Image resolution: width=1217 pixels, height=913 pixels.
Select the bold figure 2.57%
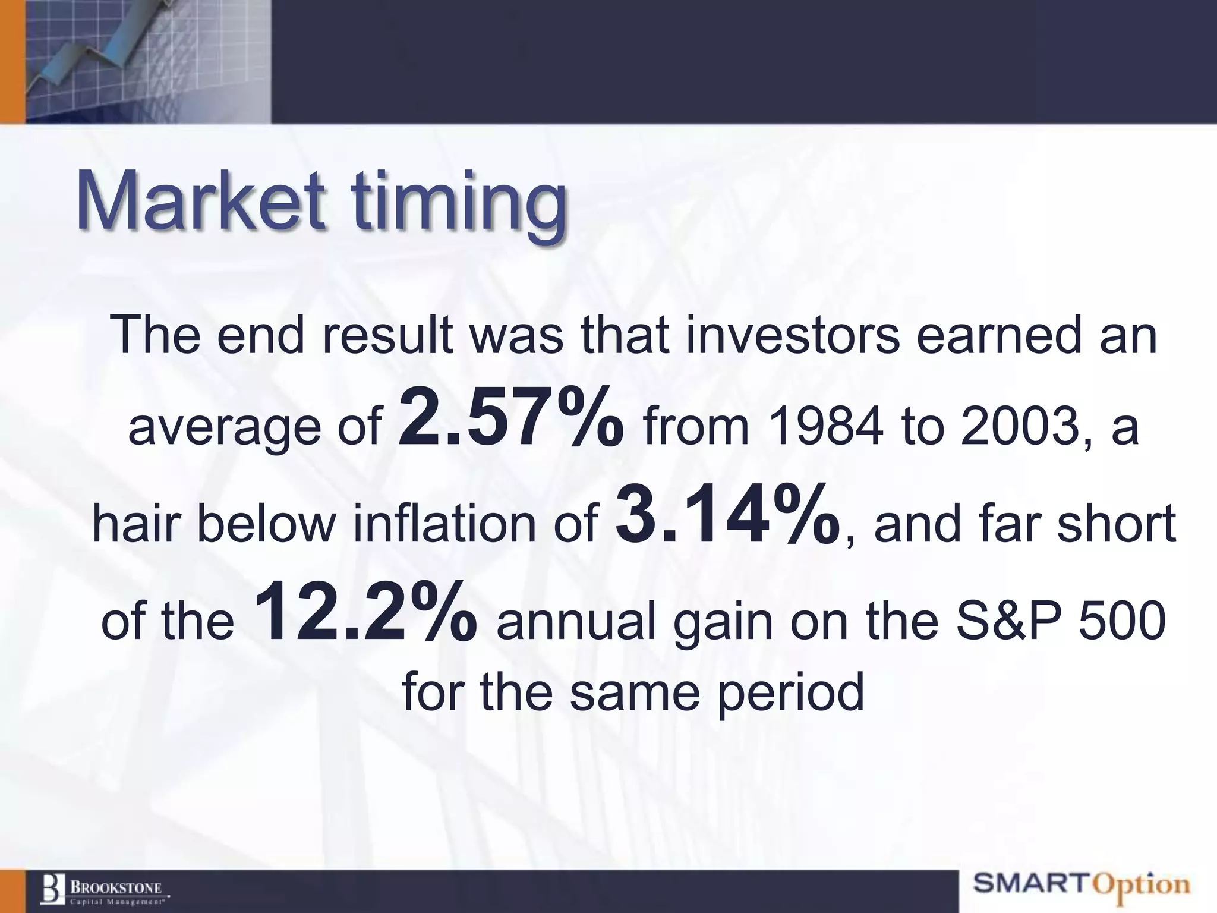[x=511, y=416]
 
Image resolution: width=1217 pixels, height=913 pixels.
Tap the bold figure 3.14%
[x=727, y=514]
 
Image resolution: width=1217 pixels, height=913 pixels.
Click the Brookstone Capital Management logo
[x=105, y=890]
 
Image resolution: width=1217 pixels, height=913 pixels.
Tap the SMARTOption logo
[x=1082, y=885]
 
